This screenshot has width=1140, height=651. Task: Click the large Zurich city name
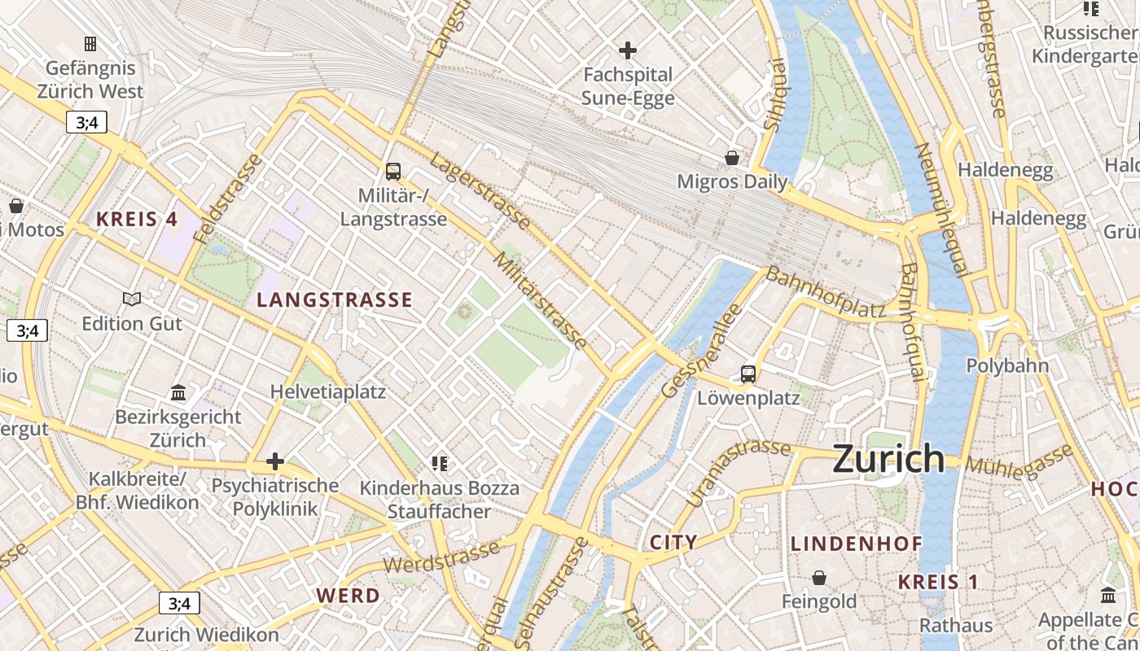pos(888,460)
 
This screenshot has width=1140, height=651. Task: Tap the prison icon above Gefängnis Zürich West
pos(90,43)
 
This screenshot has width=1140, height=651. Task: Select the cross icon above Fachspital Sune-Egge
pos(627,50)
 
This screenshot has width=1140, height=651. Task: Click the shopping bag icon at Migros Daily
pos(732,157)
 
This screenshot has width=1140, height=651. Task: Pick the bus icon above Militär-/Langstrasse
pos(393,172)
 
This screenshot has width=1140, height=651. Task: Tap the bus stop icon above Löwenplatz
pos(748,374)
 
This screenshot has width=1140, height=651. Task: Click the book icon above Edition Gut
pos(131,299)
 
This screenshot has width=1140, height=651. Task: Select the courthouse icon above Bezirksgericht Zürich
pos(178,394)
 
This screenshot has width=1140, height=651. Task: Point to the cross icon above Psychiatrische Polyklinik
pos(275,462)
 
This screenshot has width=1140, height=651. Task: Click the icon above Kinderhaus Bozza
pos(440,464)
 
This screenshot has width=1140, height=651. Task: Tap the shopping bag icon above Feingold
pos(819,578)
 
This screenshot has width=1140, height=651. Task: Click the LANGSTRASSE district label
pos(335,300)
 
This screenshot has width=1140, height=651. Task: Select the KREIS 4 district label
pos(137,219)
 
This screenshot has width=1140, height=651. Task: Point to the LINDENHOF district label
pos(857,544)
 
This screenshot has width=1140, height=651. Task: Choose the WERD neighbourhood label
pos(349,596)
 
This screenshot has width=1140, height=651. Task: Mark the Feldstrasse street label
pos(230,199)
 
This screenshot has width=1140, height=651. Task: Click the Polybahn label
pos(1007,366)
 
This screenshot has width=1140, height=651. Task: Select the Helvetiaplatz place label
pos(328,391)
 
